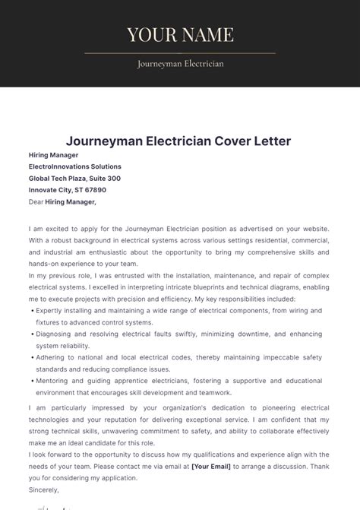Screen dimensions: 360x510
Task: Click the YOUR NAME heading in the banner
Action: [180, 34]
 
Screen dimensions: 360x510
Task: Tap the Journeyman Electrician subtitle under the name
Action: [180, 64]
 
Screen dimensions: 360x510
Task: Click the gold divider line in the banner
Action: [180, 53]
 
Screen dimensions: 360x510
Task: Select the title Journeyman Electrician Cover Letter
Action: [178, 141]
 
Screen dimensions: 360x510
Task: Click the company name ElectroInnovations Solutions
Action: [74, 166]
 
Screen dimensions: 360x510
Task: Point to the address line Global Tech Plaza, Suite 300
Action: [74, 179]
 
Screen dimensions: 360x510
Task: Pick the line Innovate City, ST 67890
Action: [67, 190]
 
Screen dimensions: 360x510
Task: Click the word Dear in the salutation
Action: [36, 202]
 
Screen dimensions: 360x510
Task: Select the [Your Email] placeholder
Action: [212, 466]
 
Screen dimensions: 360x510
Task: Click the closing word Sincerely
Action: [44, 489]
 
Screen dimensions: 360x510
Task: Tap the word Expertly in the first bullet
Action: [50, 311]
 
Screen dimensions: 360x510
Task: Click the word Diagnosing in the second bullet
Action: [55, 334]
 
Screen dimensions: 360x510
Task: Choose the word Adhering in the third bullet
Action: [51, 358]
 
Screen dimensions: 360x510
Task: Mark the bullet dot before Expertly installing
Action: [32, 311]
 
